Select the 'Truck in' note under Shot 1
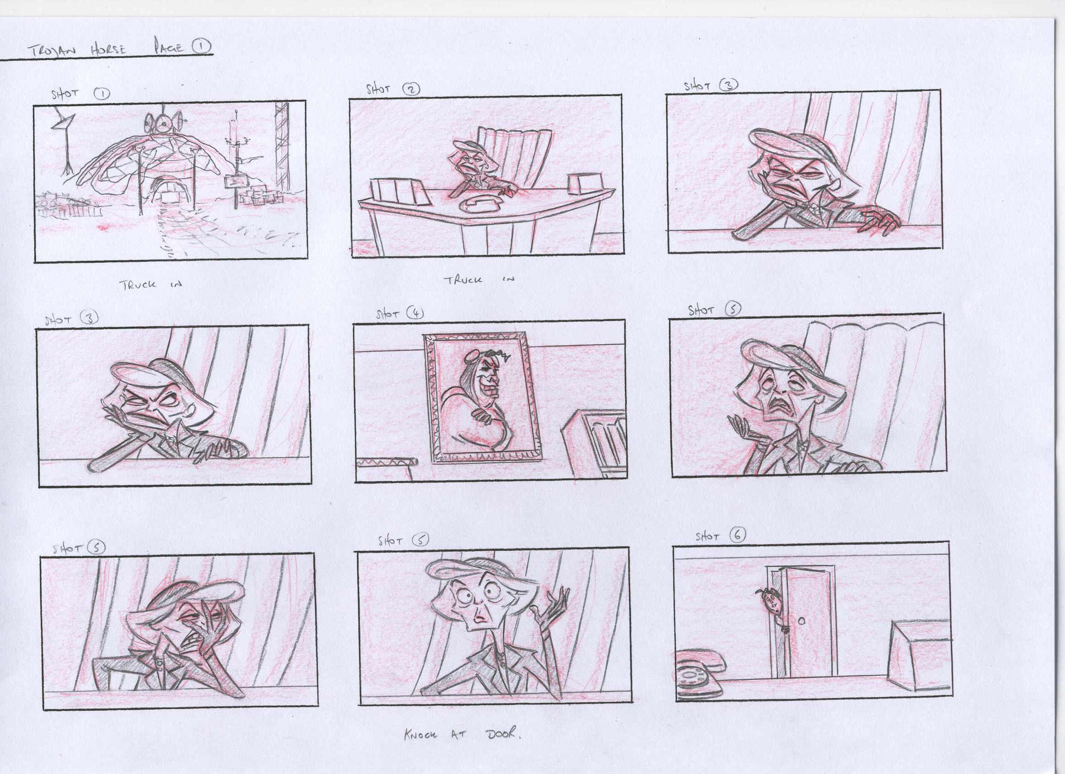(x=150, y=284)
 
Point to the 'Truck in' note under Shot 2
(x=479, y=280)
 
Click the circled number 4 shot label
(x=415, y=312)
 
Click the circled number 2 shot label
(x=411, y=88)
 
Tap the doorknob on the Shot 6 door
(x=801, y=621)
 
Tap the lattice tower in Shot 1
(x=283, y=146)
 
